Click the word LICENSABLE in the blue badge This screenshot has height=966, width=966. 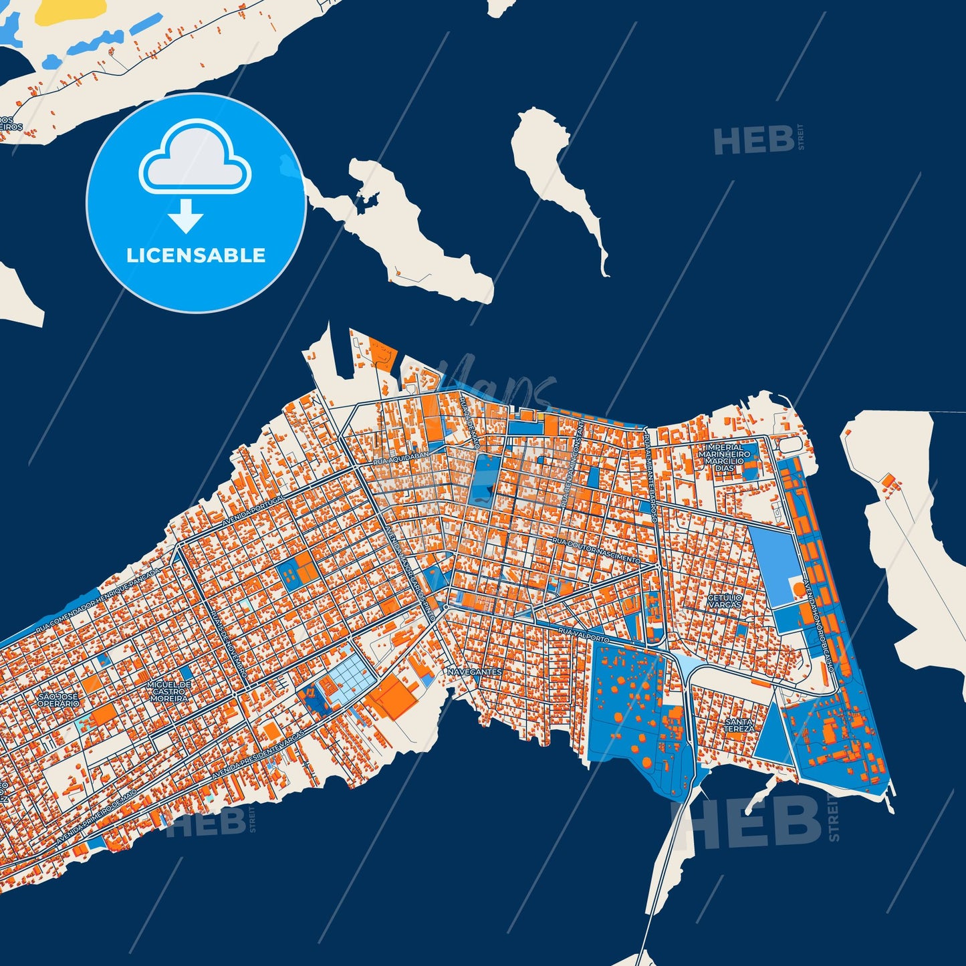[196, 255]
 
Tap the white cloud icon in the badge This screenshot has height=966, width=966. [195, 160]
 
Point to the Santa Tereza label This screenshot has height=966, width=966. [739, 725]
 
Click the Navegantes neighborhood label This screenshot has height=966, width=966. [475, 671]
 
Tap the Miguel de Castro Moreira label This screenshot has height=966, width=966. [169, 691]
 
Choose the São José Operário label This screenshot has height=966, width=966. [57, 700]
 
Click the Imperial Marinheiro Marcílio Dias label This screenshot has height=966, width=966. [721, 458]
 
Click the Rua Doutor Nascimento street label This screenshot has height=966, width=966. [596, 550]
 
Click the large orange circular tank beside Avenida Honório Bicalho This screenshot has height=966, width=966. [799, 589]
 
